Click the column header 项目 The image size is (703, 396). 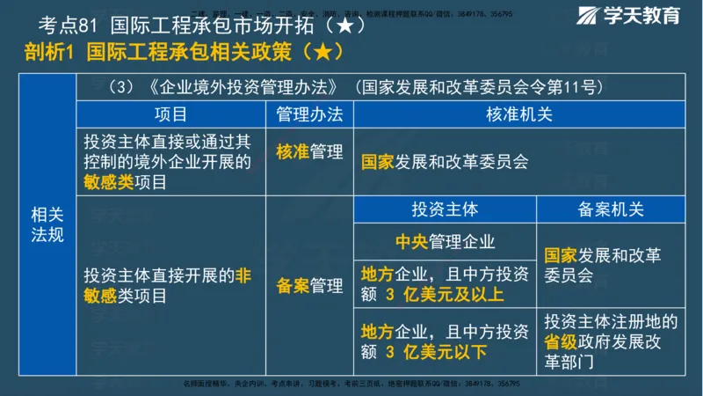point(170,114)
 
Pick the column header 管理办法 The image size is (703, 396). point(309,114)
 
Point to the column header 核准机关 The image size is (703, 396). point(518,114)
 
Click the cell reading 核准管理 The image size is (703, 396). point(309,152)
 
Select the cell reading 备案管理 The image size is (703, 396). point(309,286)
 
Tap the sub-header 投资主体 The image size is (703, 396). point(445,210)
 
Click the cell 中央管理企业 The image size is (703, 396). point(445,242)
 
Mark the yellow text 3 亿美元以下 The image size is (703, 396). point(436,352)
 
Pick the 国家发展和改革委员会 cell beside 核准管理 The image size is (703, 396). point(445,162)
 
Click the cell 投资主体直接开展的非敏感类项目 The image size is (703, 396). point(167,286)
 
